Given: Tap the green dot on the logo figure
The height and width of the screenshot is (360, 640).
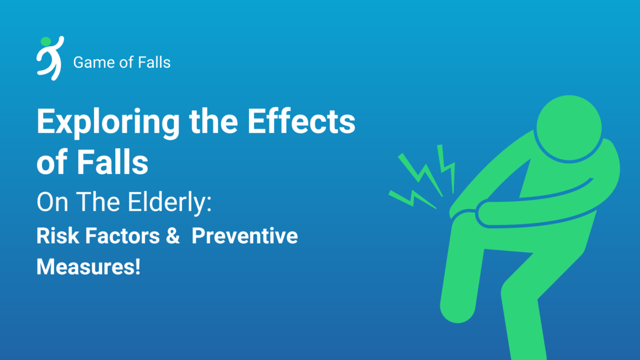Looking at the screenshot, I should coord(45,41).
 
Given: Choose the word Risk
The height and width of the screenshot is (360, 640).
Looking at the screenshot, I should coord(54,236).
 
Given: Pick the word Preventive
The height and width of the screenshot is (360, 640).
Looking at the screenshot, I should coord(244,236).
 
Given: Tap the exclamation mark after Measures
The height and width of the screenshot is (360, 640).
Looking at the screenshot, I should coord(137,266).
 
